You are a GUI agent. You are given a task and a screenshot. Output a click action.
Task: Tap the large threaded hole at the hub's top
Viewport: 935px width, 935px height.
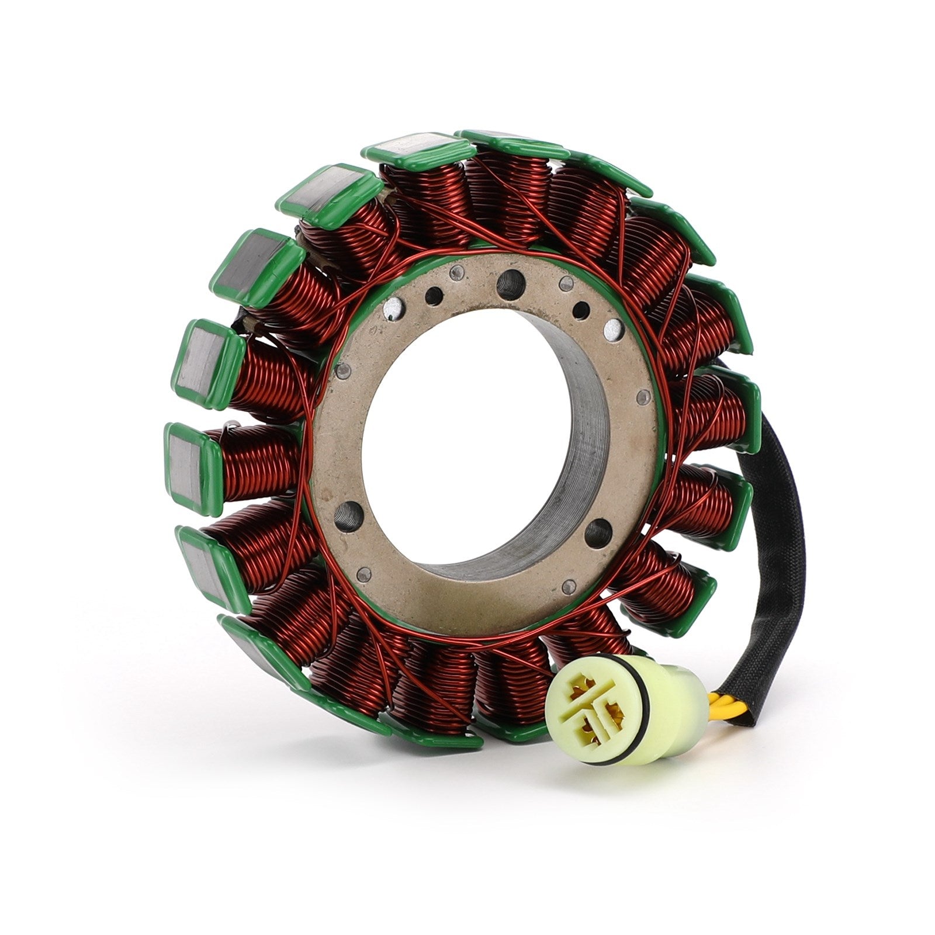pos(510,283)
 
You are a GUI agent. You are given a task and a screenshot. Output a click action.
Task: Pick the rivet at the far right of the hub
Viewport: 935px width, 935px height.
pos(643,397)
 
